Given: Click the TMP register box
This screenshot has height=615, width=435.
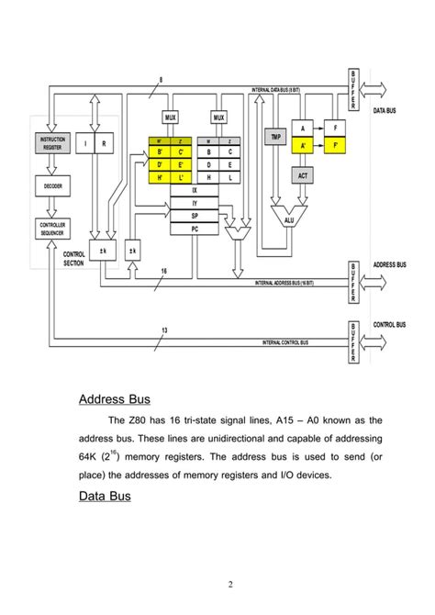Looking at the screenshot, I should coord(275,137).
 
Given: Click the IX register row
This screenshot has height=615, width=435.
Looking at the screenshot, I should coord(194,189).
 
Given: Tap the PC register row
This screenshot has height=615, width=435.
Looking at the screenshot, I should coord(194,228).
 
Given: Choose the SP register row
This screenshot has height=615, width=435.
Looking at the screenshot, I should coord(194,215).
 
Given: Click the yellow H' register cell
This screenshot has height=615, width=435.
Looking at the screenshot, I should coord(160,176).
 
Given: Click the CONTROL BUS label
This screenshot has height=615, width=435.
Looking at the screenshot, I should coord(392,324).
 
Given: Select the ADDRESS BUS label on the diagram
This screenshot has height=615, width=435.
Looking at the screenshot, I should coord(392,264).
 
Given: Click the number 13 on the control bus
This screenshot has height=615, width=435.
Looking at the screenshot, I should coord(164,330).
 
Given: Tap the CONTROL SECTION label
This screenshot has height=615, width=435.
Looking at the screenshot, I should coord(73,259).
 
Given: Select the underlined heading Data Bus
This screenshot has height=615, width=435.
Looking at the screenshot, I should coord(105,496).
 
